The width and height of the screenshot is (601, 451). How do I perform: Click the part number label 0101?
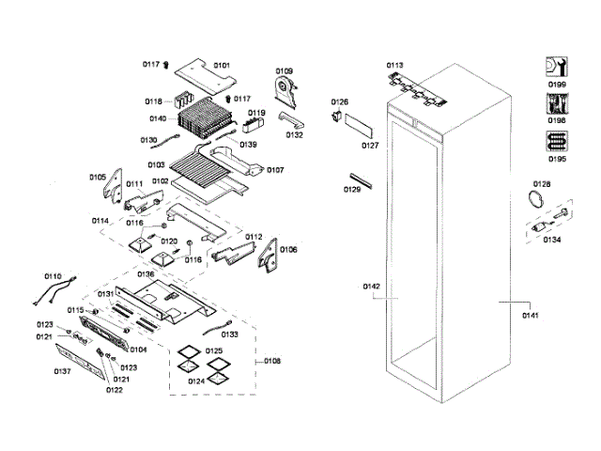click(222, 65)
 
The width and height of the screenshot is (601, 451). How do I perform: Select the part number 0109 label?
click(284, 70)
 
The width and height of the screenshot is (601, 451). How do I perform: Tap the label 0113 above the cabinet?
click(394, 65)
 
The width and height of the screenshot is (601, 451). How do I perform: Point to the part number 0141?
click(531, 315)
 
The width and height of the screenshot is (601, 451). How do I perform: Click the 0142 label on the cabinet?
click(372, 286)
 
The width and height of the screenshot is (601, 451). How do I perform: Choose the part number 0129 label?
click(352, 189)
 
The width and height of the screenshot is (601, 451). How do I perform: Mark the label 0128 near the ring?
click(542, 183)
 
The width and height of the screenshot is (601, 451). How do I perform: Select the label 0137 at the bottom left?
click(63, 371)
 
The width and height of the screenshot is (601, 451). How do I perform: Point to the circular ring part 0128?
click(534, 199)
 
